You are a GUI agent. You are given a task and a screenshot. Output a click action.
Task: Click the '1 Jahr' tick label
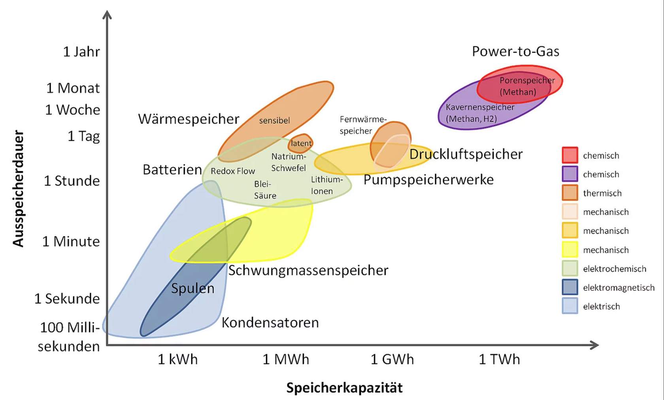[x=81, y=52]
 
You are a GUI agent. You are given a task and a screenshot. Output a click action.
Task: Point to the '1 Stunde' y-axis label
[x=72, y=181]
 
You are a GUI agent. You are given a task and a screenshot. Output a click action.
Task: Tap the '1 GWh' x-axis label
[x=392, y=359]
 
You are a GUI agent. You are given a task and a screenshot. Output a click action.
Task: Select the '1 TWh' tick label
[x=499, y=359]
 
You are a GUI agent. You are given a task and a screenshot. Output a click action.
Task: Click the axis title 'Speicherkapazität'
[x=344, y=388]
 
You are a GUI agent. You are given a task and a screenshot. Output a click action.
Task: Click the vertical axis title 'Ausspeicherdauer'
[x=18, y=189]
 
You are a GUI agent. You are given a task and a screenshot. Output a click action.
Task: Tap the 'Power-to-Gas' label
[x=515, y=51]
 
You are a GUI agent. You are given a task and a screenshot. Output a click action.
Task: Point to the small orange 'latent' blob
[x=301, y=143]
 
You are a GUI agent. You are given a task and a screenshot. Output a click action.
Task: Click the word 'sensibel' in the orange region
[x=274, y=120]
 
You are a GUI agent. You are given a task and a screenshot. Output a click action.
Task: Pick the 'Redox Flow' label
[x=233, y=171]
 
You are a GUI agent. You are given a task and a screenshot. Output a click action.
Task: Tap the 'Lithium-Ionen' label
[x=326, y=185]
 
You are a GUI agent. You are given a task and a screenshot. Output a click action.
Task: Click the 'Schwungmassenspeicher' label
[x=308, y=270]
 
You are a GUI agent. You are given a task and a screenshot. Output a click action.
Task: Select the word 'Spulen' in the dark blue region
[x=192, y=288]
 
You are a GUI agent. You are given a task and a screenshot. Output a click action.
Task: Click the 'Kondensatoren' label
[x=270, y=322]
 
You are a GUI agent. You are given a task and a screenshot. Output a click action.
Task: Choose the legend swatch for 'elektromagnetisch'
[x=570, y=287]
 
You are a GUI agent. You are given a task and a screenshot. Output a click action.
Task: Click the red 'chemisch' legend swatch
[x=570, y=155]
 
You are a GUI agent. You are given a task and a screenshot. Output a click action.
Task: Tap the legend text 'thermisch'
[x=602, y=193]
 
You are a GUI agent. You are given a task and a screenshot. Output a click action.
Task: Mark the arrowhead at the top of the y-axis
[x=107, y=15]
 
